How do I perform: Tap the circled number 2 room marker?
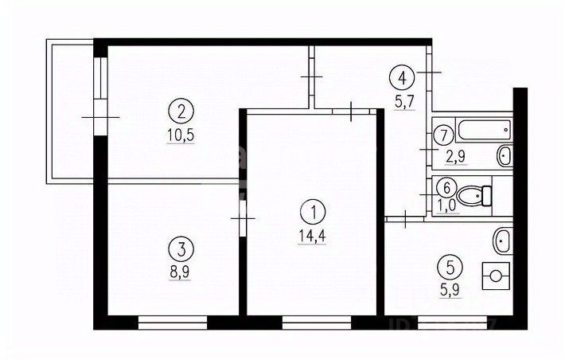182,109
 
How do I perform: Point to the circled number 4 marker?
401,78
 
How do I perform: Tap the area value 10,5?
182,135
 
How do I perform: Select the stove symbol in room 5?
496,276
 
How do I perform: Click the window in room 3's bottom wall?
172,323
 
